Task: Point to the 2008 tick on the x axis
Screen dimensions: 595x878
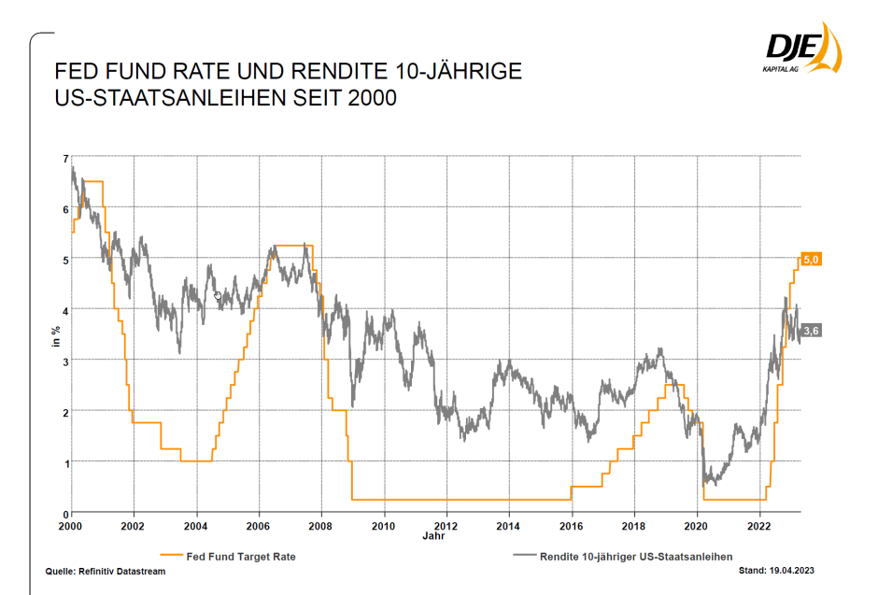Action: (322, 526)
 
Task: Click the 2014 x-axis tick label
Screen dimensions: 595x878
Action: (510, 526)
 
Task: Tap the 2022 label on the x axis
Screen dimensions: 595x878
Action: (760, 526)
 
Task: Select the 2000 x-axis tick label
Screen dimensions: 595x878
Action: (72, 526)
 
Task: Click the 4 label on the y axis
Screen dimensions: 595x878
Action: (65, 309)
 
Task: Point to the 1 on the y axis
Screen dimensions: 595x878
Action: (65, 462)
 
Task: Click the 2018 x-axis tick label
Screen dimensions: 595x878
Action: (635, 526)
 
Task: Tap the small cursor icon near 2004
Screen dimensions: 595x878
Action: (218, 296)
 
